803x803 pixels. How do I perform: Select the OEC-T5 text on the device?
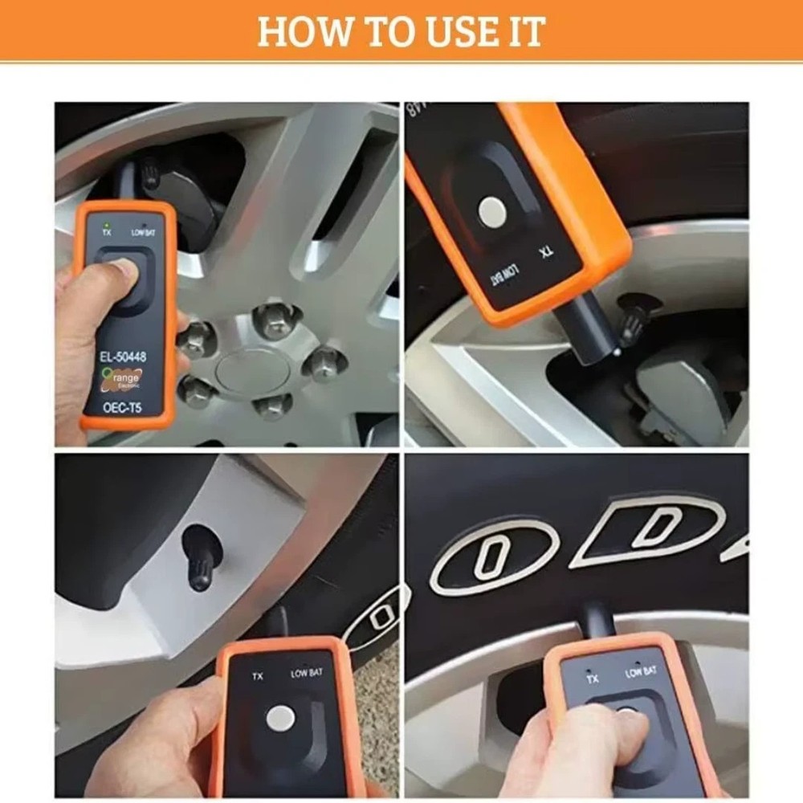coord(122,407)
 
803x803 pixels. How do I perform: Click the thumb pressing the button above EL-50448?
coord(112,277)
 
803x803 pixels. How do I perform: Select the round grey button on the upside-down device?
coord(491,211)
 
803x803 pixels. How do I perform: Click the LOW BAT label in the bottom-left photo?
coord(306,673)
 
